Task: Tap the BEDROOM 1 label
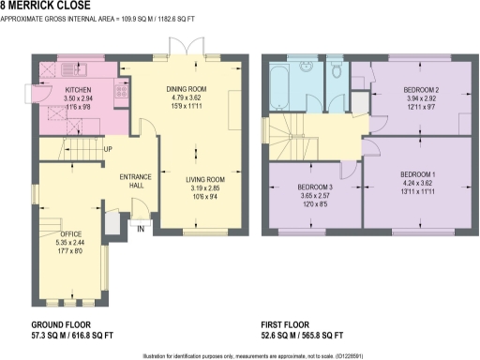[419, 175]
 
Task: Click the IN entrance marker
[141, 228]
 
